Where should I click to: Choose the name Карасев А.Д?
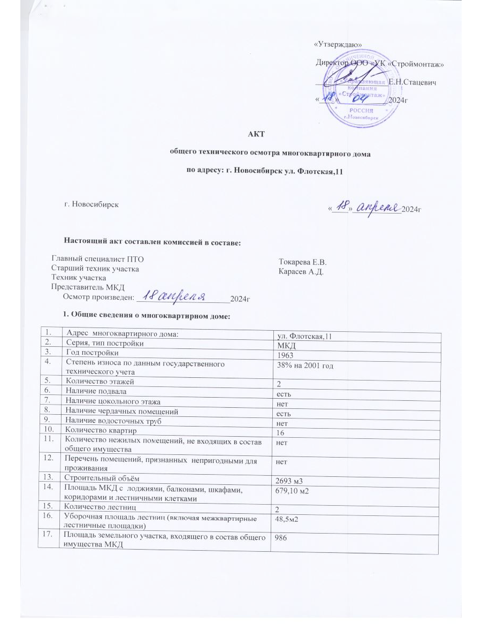pyautogui.click(x=301, y=272)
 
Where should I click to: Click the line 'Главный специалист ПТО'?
pyautogui.click(x=97, y=259)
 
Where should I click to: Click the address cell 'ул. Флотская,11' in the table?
pyautogui.click(x=305, y=336)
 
